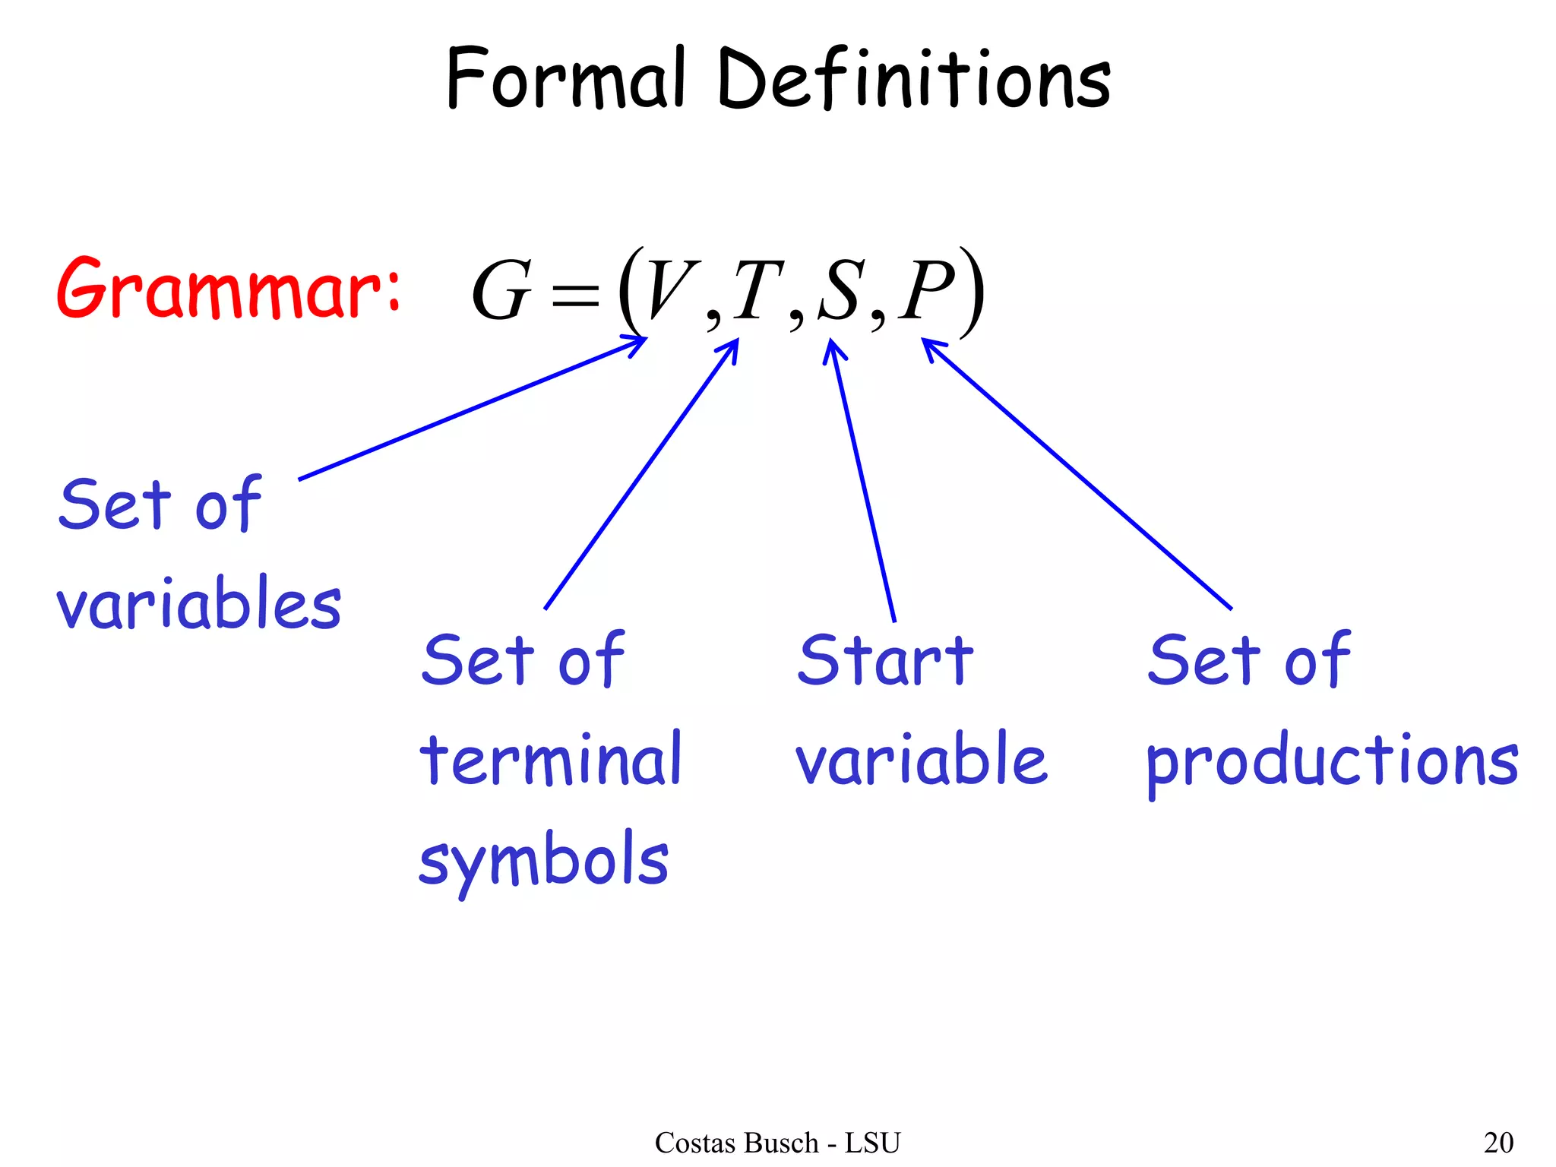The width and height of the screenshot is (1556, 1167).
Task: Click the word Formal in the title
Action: point(565,79)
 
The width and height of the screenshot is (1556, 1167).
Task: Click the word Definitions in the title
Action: point(913,79)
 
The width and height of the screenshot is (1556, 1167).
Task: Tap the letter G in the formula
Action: point(501,292)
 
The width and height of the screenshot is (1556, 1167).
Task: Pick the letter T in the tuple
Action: point(758,290)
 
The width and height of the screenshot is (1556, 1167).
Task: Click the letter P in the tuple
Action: point(925,290)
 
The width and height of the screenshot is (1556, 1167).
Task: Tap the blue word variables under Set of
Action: point(199,604)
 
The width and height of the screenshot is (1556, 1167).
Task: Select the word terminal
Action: point(552,759)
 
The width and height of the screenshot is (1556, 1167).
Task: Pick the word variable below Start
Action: point(922,759)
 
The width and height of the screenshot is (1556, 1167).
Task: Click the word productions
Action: point(1332,762)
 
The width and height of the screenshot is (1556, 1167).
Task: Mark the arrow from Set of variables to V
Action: point(471,410)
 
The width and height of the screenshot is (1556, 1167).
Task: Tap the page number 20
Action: point(1498,1143)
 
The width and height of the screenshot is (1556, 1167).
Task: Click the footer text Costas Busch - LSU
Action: point(777,1143)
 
